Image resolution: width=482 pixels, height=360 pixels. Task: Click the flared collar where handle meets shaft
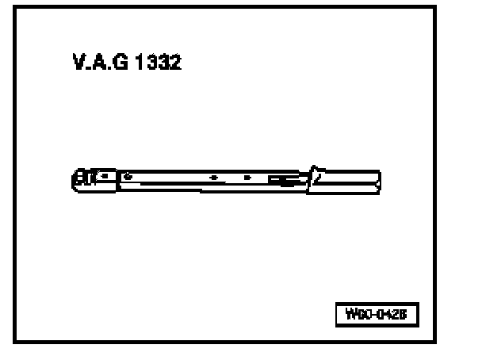316,178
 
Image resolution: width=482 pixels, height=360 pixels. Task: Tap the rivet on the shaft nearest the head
128,176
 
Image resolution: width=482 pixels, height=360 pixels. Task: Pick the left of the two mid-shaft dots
213,178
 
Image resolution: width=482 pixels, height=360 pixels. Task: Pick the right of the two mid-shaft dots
247,178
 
